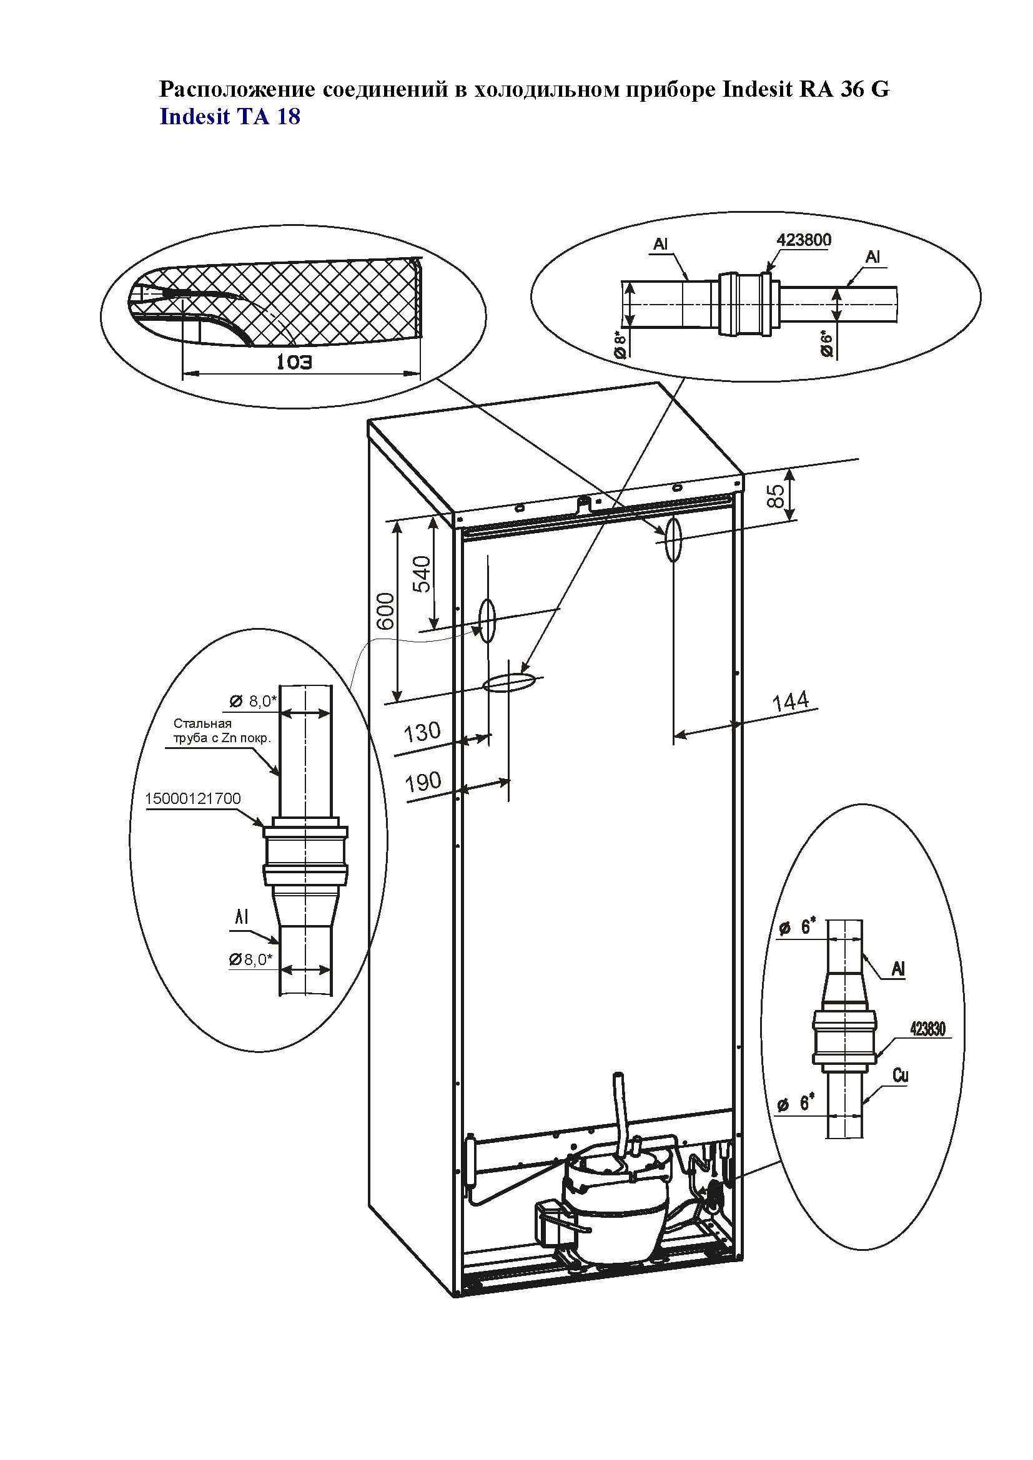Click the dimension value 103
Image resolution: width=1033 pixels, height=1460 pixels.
coord(295,362)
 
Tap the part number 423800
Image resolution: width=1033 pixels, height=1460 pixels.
coord(803,240)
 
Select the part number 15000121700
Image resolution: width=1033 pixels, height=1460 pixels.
coord(193,798)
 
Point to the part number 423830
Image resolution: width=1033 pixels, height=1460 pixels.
coord(927,1028)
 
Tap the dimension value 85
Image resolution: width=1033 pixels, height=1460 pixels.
coord(774,496)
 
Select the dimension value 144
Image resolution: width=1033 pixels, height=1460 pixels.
coord(791,702)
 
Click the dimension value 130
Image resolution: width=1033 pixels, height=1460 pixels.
coord(422,732)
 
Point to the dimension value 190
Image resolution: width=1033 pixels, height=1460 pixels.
coord(423,781)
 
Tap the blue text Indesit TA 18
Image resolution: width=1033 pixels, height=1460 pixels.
coord(230,117)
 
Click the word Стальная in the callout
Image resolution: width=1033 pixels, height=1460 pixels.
coord(202,723)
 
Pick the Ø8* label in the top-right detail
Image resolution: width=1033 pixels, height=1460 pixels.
coord(621,344)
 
